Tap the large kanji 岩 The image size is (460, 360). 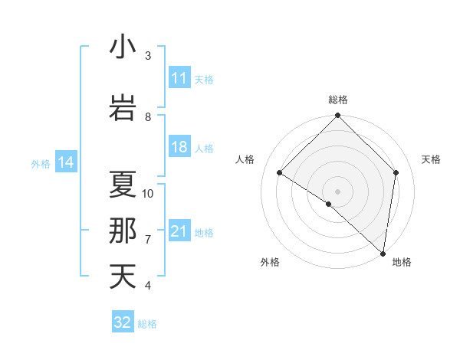(x=123, y=107)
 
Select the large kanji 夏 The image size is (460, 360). (x=123, y=185)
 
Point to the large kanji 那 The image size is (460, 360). (x=123, y=231)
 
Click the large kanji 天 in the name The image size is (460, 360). (x=123, y=277)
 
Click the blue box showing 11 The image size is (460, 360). (x=179, y=78)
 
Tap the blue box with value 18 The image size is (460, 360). (x=179, y=148)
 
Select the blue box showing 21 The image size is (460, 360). (x=179, y=232)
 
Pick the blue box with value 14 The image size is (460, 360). (x=66, y=162)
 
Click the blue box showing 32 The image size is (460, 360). (x=123, y=322)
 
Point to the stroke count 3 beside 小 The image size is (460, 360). (x=148, y=56)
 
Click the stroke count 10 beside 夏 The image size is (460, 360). (x=148, y=194)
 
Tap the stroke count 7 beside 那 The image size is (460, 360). (x=148, y=240)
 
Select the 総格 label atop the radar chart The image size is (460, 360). (x=337, y=100)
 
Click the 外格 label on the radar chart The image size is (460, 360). (x=270, y=263)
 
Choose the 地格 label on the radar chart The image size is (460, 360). (x=402, y=263)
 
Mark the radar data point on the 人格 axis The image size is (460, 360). (x=280, y=173)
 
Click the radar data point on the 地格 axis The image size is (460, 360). (x=383, y=254)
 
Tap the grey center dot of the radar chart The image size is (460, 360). (x=337, y=191)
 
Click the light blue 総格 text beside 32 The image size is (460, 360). (x=147, y=324)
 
